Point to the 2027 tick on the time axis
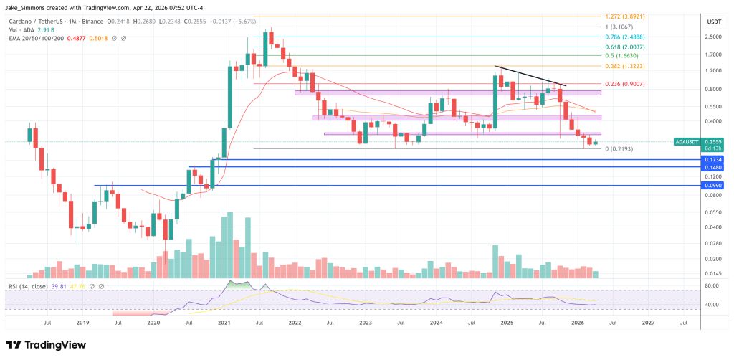coord(647,323)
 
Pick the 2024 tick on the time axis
coord(435,323)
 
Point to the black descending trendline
coord(530,76)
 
